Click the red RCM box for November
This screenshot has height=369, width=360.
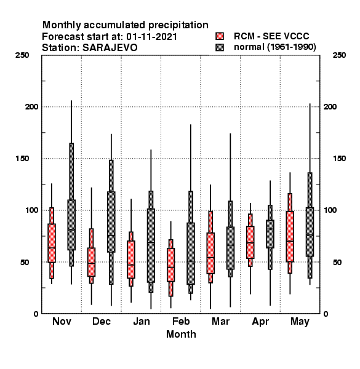(x=52, y=243)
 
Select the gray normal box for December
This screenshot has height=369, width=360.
(x=111, y=222)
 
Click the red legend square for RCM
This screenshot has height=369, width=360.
(x=220, y=36)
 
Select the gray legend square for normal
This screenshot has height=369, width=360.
(x=220, y=47)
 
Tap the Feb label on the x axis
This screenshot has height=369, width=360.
(x=181, y=321)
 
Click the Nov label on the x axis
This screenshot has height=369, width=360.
(x=62, y=321)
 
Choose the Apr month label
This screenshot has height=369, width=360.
(x=260, y=322)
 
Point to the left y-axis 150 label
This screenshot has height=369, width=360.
(x=22, y=159)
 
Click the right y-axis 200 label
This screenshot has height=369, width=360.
(x=330, y=106)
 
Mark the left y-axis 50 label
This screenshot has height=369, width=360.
(x=25, y=262)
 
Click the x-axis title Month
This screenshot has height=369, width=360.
(x=181, y=334)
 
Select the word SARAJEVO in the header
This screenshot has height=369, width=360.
(x=110, y=48)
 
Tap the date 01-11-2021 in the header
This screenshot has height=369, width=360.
(x=151, y=37)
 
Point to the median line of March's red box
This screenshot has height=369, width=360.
(x=210, y=258)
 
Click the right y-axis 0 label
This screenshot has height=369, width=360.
(x=326, y=314)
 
